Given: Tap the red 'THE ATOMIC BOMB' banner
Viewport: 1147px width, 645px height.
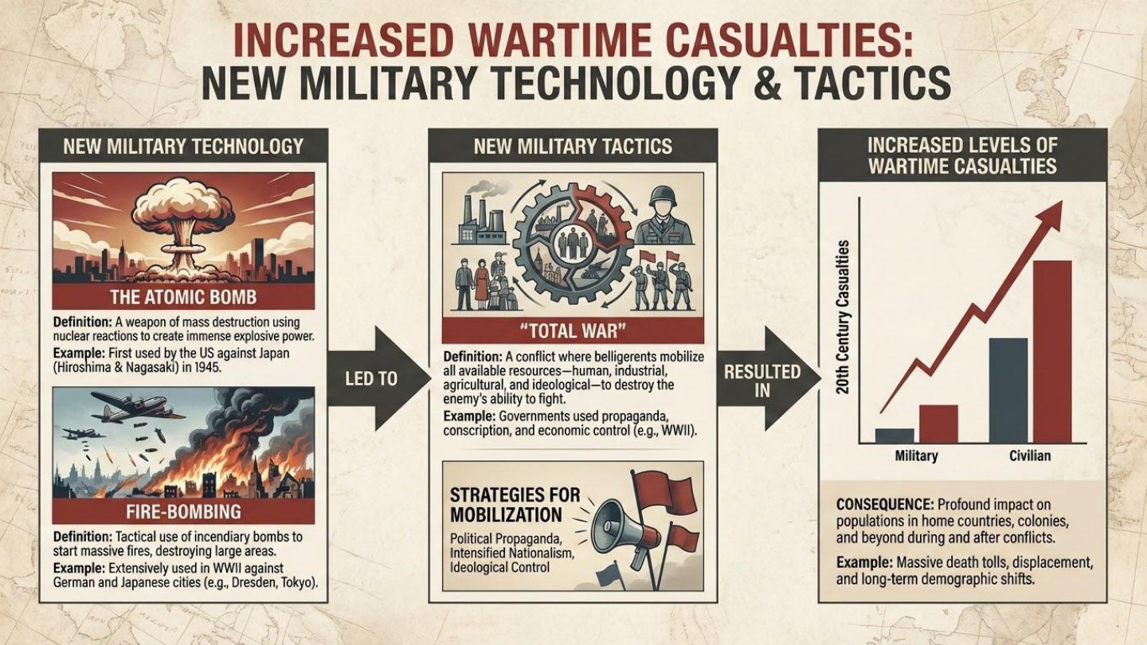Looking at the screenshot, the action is tap(183, 296).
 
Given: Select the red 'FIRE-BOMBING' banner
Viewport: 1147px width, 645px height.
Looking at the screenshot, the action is tap(183, 511).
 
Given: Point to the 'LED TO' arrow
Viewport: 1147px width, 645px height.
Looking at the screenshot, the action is tap(379, 378).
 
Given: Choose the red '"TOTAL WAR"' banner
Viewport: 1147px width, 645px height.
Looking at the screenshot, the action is tap(573, 331).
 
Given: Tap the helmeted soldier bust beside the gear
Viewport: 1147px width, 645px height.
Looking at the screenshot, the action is tap(663, 215).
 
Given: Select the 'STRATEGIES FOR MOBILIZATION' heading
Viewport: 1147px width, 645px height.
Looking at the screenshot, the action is tap(515, 505).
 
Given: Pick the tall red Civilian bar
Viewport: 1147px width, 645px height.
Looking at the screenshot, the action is tap(1051, 352).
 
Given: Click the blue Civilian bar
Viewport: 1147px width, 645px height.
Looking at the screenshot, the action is tap(1008, 390).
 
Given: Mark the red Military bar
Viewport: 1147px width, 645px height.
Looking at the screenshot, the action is tap(938, 424).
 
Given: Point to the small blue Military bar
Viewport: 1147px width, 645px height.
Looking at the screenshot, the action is tap(895, 436).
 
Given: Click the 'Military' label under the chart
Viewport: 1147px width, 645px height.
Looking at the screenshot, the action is tap(917, 455).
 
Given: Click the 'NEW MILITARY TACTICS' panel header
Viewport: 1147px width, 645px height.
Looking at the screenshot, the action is tap(573, 147).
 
